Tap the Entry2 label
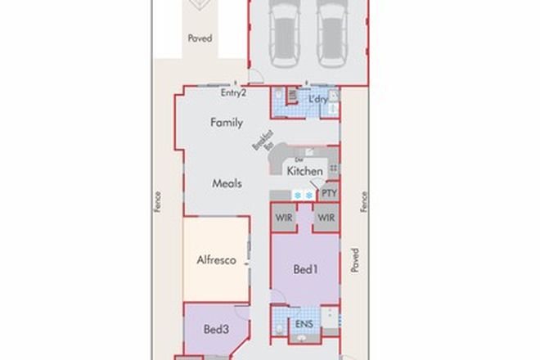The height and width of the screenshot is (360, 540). point(234,93)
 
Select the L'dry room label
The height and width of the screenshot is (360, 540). point(319,100)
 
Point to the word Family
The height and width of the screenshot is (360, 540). point(227,123)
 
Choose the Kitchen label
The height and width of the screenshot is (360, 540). point(304,172)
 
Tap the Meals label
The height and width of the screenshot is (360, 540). point(227,184)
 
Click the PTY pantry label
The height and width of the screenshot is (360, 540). point(329,193)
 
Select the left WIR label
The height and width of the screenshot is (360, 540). point(284,218)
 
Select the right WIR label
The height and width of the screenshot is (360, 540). point(326,218)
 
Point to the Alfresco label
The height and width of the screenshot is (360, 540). point(217,261)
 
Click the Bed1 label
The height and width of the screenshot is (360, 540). point(304,269)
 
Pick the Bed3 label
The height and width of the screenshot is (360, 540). point(215,329)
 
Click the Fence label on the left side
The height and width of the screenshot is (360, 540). point(156,202)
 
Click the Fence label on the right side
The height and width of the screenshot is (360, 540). point(364,202)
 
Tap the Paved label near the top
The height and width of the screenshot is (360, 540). point(200,38)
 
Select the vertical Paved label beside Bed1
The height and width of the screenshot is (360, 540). point(355,261)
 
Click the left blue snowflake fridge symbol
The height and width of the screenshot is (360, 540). point(298,194)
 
